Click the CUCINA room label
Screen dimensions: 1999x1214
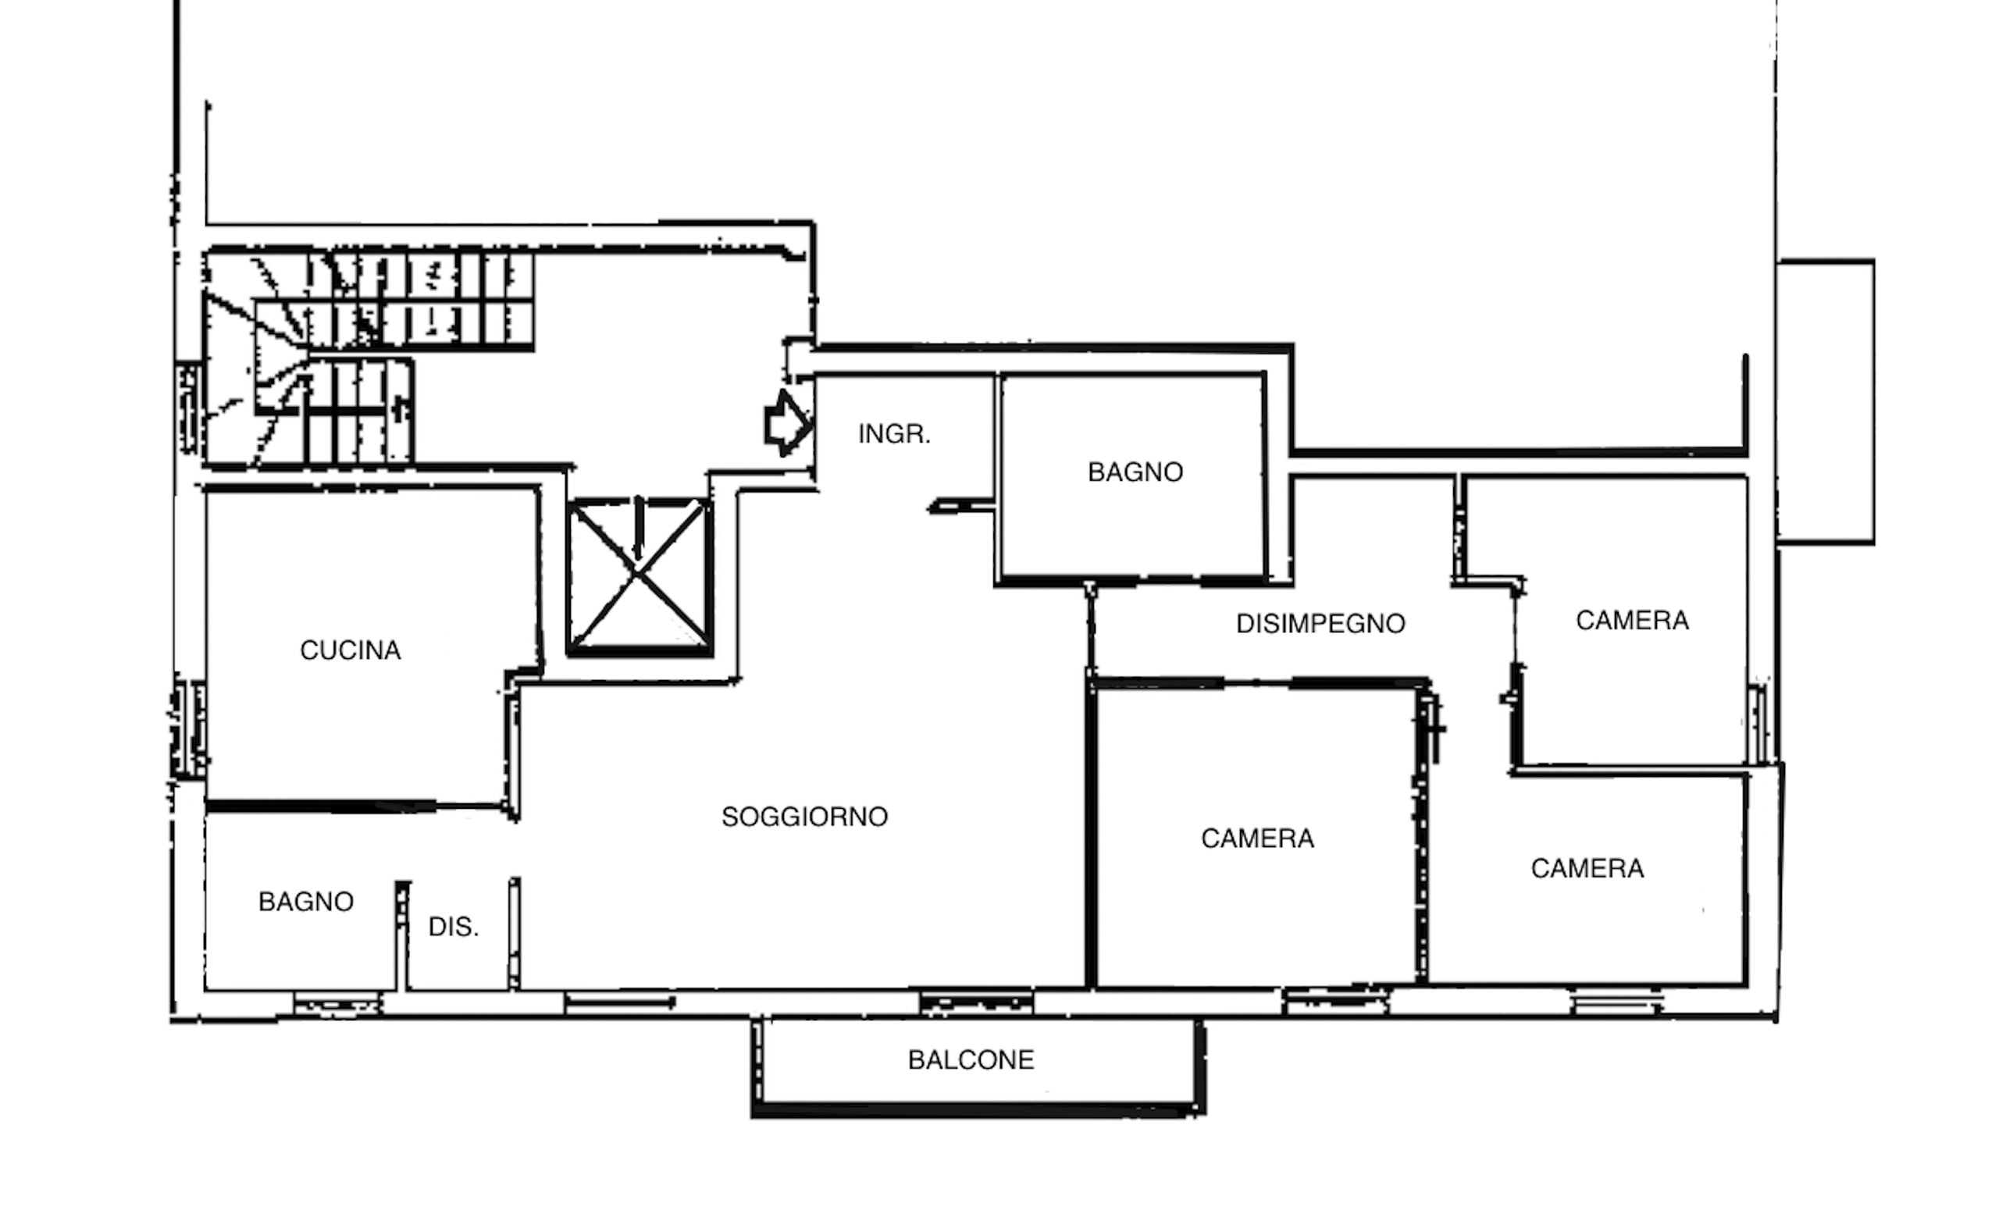(x=351, y=650)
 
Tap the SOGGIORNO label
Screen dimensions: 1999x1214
(x=805, y=817)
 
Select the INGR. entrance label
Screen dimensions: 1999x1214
(x=894, y=435)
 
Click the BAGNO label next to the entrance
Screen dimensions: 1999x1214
(x=1135, y=472)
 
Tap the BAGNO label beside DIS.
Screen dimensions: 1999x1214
(x=306, y=902)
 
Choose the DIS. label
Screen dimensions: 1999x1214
(x=454, y=927)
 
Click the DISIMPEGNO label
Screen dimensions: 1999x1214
(x=1320, y=624)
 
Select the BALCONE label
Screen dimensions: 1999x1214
(x=971, y=1060)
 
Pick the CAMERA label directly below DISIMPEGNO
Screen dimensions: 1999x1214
(x=1257, y=838)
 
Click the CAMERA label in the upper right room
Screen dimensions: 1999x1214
(x=1632, y=621)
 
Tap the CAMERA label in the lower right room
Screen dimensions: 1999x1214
(x=1587, y=868)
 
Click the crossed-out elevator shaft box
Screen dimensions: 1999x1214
(x=640, y=577)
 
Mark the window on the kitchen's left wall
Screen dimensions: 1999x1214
(x=188, y=729)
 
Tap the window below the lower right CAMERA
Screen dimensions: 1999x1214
(x=1616, y=1006)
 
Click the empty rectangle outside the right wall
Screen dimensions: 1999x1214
(x=1826, y=401)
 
